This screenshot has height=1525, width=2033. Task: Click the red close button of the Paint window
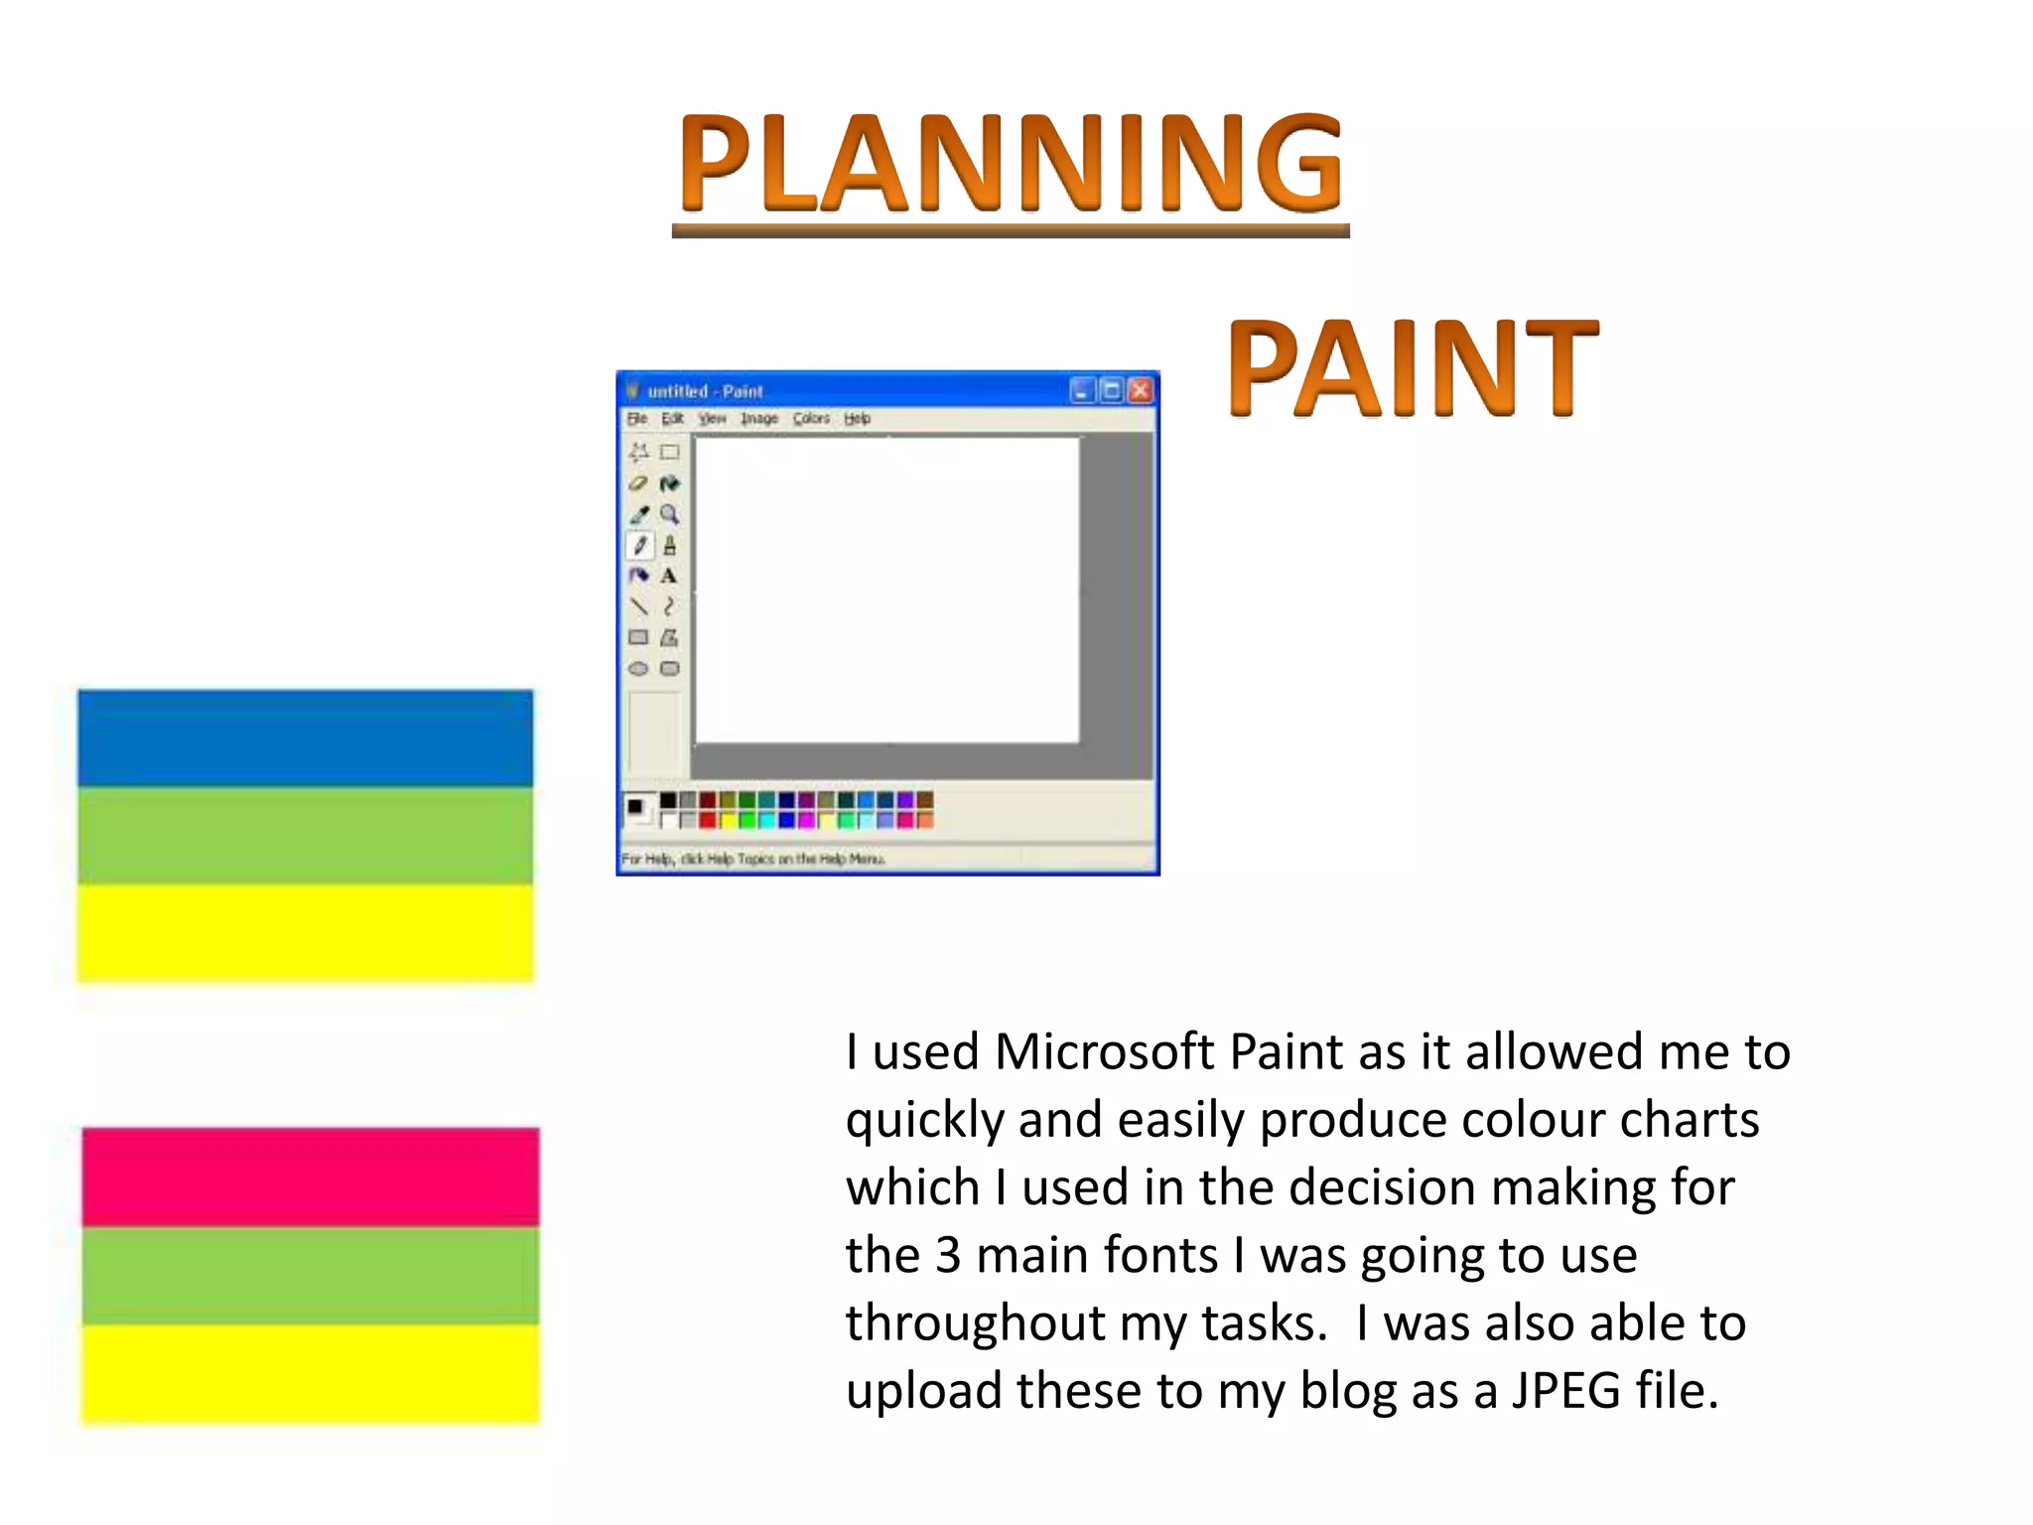tap(1141, 390)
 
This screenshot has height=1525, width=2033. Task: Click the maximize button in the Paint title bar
tap(1112, 390)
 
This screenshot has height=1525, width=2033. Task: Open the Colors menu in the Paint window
tap(811, 419)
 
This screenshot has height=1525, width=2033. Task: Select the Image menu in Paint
tap(759, 419)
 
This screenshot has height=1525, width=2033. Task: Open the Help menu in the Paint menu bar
tap(857, 419)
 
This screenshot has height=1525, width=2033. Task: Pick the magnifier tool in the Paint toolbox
tap(670, 514)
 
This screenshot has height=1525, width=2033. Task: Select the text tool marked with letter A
tap(669, 576)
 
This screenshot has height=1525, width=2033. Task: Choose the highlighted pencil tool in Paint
tap(639, 545)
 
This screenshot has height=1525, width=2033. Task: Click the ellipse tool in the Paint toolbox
tap(638, 669)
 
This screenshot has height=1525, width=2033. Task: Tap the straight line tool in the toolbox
tap(639, 607)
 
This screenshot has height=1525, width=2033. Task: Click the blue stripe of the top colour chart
tap(305, 738)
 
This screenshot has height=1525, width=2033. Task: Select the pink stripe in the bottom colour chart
tap(310, 1177)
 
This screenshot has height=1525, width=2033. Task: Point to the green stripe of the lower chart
tap(310, 1275)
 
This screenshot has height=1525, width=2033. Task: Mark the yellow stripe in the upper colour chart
tap(305, 931)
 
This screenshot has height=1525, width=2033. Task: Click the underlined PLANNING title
tap(1011, 164)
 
